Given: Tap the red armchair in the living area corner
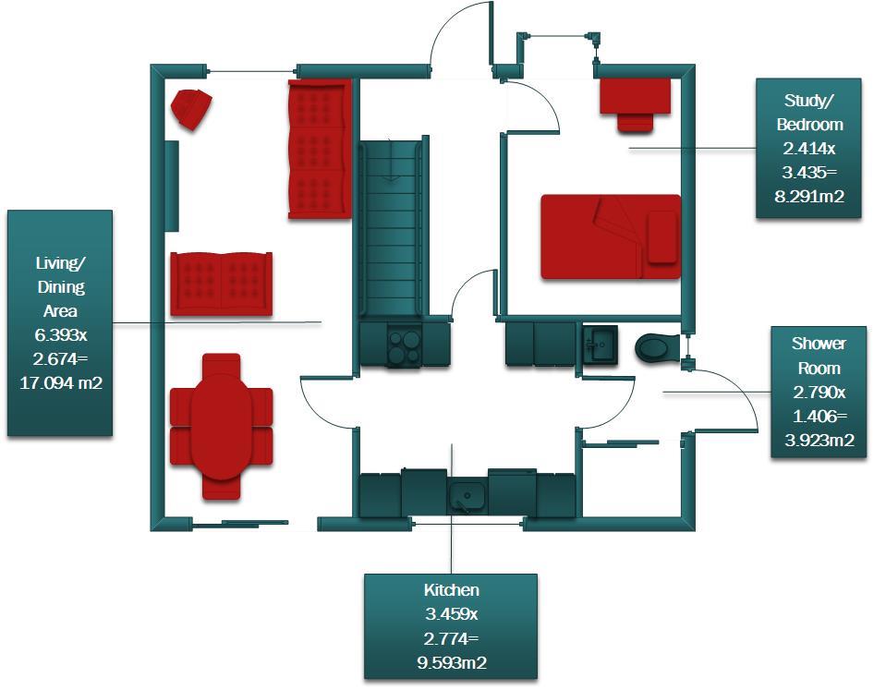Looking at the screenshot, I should tap(191, 108).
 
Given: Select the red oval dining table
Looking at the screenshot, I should tap(221, 426).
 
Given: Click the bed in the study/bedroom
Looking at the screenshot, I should tap(611, 236).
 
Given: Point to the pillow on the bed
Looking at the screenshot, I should tap(662, 237).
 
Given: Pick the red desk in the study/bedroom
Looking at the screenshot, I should tap(635, 96).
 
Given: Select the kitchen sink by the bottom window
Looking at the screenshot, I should tap(468, 497).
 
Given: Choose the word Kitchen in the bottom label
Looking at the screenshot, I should tap(451, 589).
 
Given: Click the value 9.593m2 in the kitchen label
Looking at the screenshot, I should tap(451, 662).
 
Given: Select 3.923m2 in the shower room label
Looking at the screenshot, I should tap(819, 441).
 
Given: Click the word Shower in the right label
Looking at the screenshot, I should tap(819, 344).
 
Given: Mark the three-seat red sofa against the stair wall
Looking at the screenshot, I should tap(320, 149).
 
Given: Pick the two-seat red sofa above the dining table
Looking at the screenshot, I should tap(222, 283).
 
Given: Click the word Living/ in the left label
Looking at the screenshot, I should tap(60, 263).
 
